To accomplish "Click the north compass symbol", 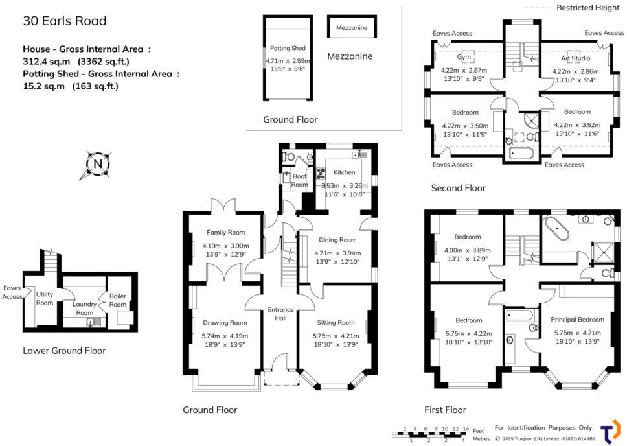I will [x=97, y=164].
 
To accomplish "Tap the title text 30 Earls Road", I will [x=65, y=21].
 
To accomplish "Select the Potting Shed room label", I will [x=288, y=48].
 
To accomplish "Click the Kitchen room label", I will [x=344, y=172].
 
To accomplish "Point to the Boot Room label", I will [x=300, y=180].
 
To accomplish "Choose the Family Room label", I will [x=225, y=232].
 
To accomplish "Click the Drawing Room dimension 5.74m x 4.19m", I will [x=225, y=336].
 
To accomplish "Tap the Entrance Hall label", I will [x=280, y=314].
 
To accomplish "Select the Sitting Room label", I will [x=336, y=322].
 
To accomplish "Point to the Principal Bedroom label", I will [x=577, y=319].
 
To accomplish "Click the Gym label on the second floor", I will [x=464, y=57].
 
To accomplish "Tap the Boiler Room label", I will [x=117, y=300].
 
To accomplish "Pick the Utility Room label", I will [x=45, y=298].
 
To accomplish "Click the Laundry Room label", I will [x=85, y=308].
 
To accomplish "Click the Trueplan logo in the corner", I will [x=609, y=431].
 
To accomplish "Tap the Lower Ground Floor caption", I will [x=64, y=351].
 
